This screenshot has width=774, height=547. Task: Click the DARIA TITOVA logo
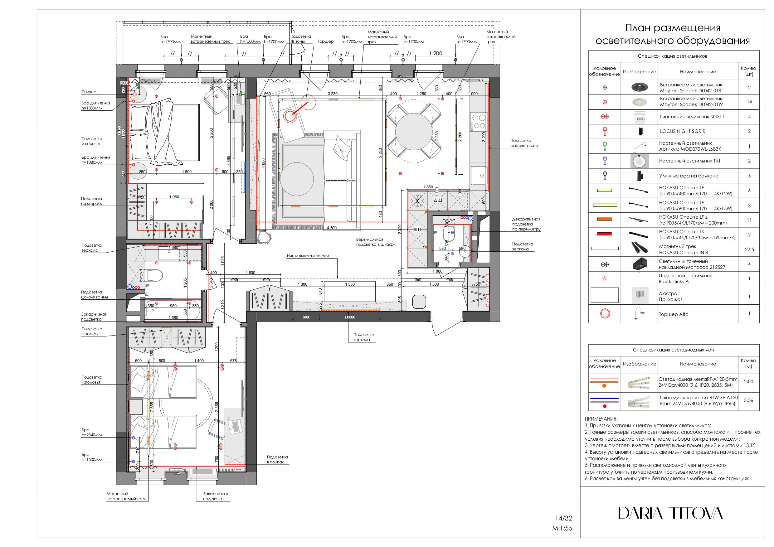click(670, 513)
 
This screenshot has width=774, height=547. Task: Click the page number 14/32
click(564, 518)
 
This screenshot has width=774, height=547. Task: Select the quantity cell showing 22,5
click(749, 249)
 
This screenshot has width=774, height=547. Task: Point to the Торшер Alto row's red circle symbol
click(605, 313)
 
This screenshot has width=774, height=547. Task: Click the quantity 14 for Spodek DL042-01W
click(749, 101)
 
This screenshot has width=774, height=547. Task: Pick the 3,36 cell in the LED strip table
click(748, 400)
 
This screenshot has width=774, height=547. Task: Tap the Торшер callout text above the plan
click(325, 41)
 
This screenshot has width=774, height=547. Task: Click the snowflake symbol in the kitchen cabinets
click(417, 201)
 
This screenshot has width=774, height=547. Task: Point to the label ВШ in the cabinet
click(417, 230)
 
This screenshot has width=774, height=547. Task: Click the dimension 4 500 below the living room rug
click(332, 228)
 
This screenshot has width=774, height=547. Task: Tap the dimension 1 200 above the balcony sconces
click(435, 53)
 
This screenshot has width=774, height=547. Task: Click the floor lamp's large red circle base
click(290, 116)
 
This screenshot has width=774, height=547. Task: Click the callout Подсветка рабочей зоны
click(523, 143)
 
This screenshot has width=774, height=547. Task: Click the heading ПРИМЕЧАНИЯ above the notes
click(601, 419)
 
